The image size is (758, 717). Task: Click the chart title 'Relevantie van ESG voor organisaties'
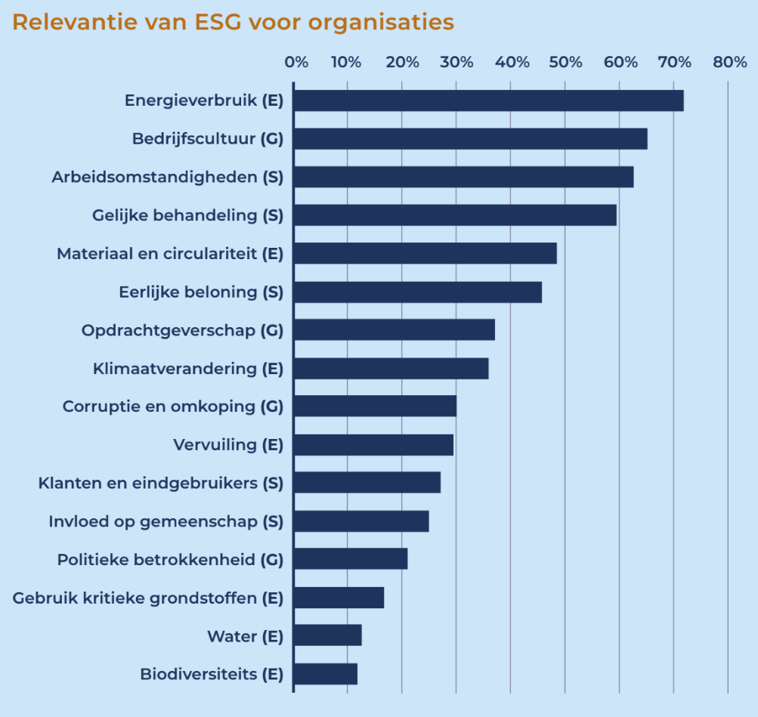click(x=233, y=23)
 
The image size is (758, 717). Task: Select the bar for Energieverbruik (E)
click(x=488, y=100)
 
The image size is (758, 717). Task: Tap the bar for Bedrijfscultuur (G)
click(x=470, y=139)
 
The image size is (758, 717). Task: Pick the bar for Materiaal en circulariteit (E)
click(x=425, y=253)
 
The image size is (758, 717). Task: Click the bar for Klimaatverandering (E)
click(x=391, y=368)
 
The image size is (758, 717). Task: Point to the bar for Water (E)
click(x=327, y=635)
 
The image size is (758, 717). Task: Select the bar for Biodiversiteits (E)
click(x=325, y=673)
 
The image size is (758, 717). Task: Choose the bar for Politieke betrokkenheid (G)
click(x=351, y=559)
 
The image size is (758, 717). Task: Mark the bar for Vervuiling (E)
click(x=373, y=445)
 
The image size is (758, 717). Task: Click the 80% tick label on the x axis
click(x=729, y=63)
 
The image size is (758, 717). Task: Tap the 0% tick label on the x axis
click(x=296, y=63)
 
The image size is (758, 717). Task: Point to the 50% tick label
click(x=567, y=63)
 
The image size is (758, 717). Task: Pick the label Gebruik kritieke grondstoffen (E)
click(x=148, y=598)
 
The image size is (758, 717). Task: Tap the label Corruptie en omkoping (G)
click(x=172, y=406)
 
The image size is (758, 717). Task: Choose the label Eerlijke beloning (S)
click(x=201, y=292)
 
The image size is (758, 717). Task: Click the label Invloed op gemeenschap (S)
click(x=166, y=521)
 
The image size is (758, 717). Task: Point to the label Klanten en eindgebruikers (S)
click(x=160, y=483)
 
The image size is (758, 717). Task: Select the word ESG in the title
click(x=224, y=23)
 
